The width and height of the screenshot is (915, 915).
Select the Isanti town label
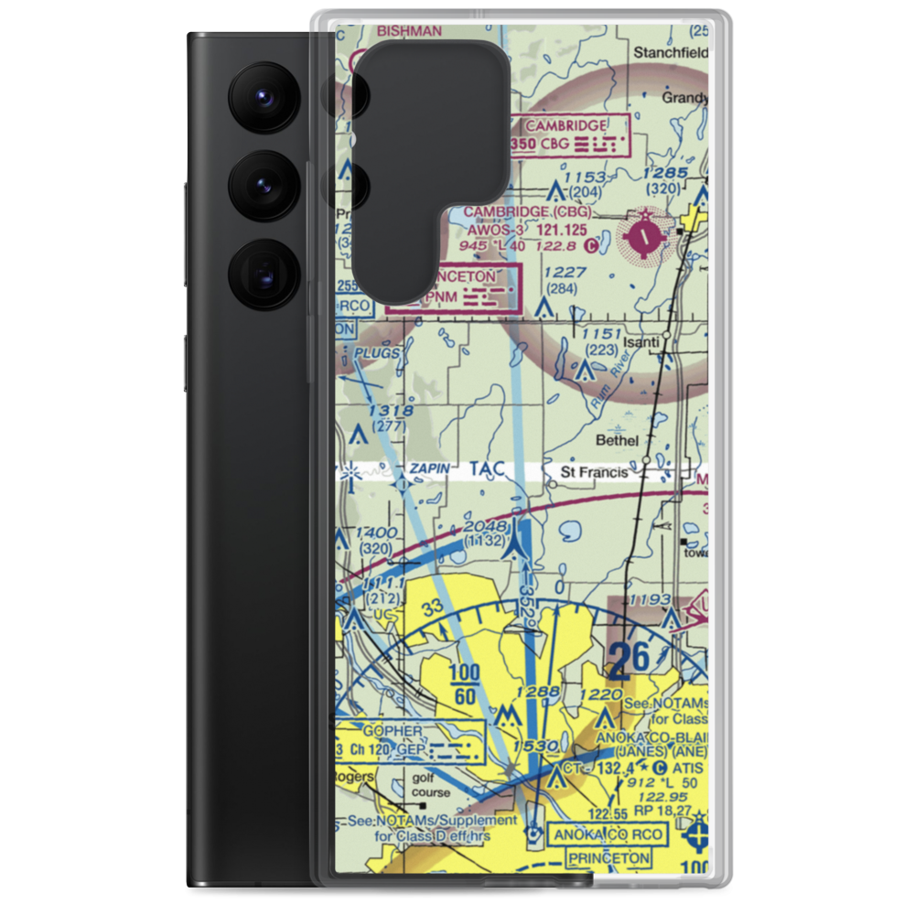[640, 343]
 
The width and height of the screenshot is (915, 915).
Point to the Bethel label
[617, 440]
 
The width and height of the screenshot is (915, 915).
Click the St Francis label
[595, 472]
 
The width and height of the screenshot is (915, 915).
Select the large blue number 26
[630, 658]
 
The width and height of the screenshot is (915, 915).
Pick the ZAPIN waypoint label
[429, 469]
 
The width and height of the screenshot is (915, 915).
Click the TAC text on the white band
[487, 469]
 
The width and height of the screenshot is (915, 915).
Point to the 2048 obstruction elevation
[484, 526]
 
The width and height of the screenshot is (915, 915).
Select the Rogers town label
[355, 778]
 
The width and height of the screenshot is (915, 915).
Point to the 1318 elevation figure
[386, 412]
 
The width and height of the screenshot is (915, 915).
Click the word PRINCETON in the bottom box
[608, 859]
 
